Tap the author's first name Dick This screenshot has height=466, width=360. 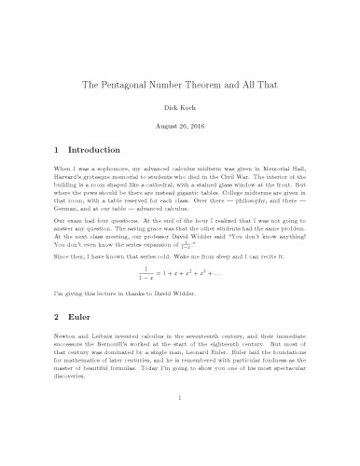pos(169,108)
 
